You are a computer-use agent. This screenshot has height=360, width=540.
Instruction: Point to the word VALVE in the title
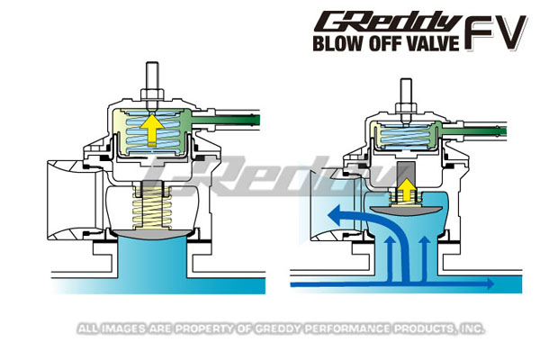coord(436,41)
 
